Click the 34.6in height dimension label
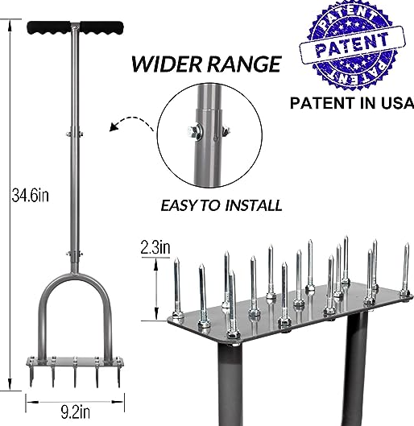pyautogui.click(x=31, y=195)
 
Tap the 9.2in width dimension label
pyautogui.click(x=75, y=412)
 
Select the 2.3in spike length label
pyautogui.click(x=155, y=247)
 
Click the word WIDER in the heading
pyautogui.click(x=167, y=64)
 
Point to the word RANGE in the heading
pyautogui.click(x=244, y=64)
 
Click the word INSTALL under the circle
pyautogui.click(x=254, y=205)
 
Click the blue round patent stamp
pyautogui.click(x=353, y=44)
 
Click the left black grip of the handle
pyautogui.click(x=48, y=27)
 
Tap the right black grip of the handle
pyautogui.click(x=102, y=27)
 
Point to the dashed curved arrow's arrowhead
pyautogui.click(x=114, y=126)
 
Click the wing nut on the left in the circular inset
pyautogui.click(x=193, y=132)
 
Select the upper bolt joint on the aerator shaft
pyautogui.click(x=75, y=134)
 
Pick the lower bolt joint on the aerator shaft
pyautogui.click(x=75, y=254)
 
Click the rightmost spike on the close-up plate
pyautogui.click(x=406, y=270)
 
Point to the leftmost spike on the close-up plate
pyautogui.click(x=177, y=287)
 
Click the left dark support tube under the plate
pyautogui.click(x=230, y=384)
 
